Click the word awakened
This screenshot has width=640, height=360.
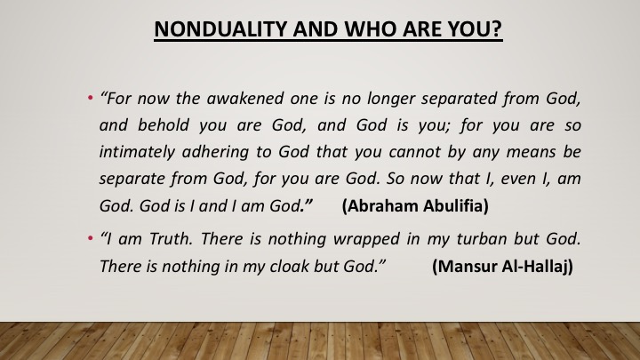point(245,99)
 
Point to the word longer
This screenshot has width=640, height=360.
point(391,100)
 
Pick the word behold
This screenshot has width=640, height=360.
point(164,125)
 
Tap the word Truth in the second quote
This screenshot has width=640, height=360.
point(171,239)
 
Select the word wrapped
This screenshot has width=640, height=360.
point(366,240)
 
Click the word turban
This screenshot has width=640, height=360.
point(481,239)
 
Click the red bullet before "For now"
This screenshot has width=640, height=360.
point(90,98)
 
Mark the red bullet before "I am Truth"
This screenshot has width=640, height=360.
point(90,238)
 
